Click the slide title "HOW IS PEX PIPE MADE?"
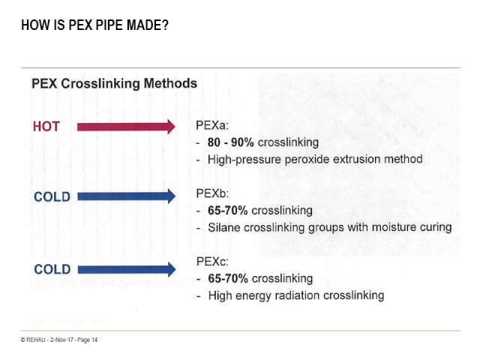(95, 25)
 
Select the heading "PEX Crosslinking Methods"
(114, 83)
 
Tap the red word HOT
(46, 127)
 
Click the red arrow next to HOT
(126, 127)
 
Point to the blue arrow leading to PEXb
(127, 196)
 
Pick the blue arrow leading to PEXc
(127, 269)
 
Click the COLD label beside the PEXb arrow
(52, 196)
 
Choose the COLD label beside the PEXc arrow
(52, 269)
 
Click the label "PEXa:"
(212, 125)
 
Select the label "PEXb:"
(212, 193)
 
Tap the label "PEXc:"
(212, 262)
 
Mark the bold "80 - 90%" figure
(231, 142)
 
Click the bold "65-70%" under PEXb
(228, 211)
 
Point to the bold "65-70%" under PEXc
(228, 278)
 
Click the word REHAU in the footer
(36, 340)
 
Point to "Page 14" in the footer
(88, 340)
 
